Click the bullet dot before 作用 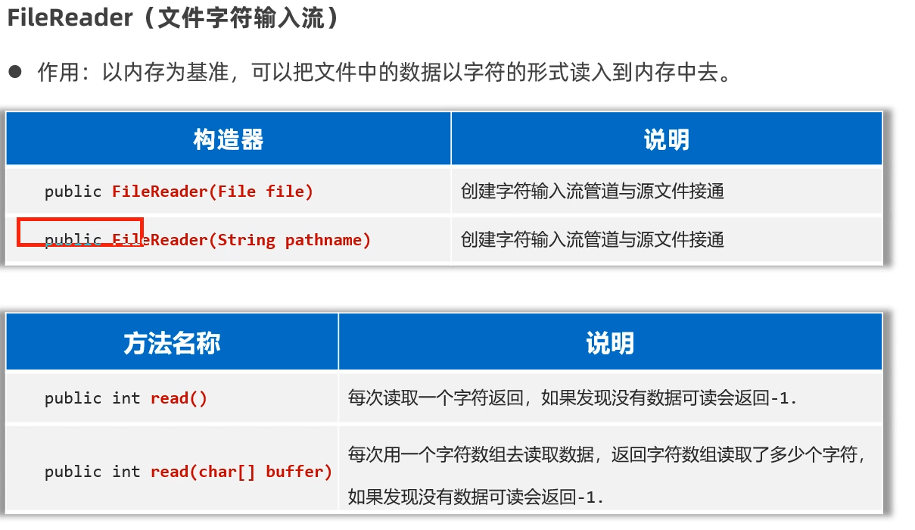click(15, 73)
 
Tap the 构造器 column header click(228, 139)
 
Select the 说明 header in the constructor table click(666, 139)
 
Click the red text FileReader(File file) click(212, 192)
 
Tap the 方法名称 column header click(172, 344)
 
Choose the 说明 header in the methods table click(609, 344)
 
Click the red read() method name click(179, 398)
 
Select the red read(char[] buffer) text click(241, 472)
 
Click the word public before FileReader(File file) click(73, 192)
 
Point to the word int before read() click(126, 398)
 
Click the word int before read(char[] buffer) click(126, 472)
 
